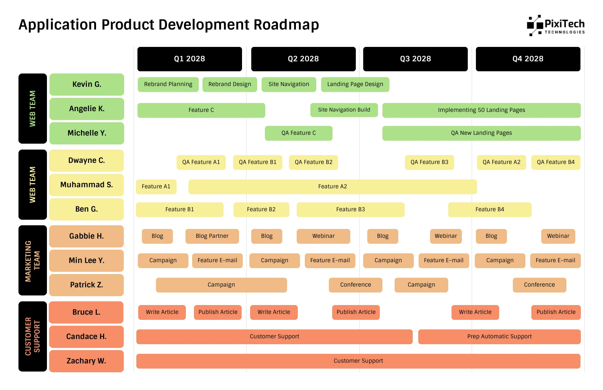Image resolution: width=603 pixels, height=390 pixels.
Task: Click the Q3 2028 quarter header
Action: [415, 59]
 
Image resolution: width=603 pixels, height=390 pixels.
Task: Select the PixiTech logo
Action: [555, 25]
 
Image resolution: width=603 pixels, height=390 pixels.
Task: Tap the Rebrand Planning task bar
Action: [168, 84]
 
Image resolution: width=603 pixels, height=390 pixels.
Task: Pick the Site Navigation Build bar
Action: [344, 110]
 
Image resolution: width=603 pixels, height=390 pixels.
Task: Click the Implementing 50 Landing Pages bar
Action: [481, 110]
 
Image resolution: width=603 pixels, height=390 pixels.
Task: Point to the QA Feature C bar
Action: [299, 133]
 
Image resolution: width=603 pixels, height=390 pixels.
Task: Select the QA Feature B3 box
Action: [429, 162]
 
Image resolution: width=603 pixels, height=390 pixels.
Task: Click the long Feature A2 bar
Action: [333, 187]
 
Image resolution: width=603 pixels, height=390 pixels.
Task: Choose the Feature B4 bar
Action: [490, 209]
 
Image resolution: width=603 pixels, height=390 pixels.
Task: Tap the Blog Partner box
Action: [212, 236]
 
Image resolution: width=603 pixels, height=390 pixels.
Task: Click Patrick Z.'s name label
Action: [86, 285]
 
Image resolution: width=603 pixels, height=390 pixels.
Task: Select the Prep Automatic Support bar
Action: [499, 336]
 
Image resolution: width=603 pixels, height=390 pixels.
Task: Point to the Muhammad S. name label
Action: [86, 185]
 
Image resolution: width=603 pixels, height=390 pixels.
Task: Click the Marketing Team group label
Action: [33, 260]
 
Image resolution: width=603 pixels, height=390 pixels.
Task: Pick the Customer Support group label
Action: [33, 336]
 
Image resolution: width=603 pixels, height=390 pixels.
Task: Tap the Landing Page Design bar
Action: [355, 84]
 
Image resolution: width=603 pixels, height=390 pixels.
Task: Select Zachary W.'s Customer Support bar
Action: [358, 361]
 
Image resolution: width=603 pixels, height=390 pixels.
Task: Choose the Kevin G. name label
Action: [86, 84]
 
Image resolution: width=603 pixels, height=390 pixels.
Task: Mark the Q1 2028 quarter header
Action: [190, 59]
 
